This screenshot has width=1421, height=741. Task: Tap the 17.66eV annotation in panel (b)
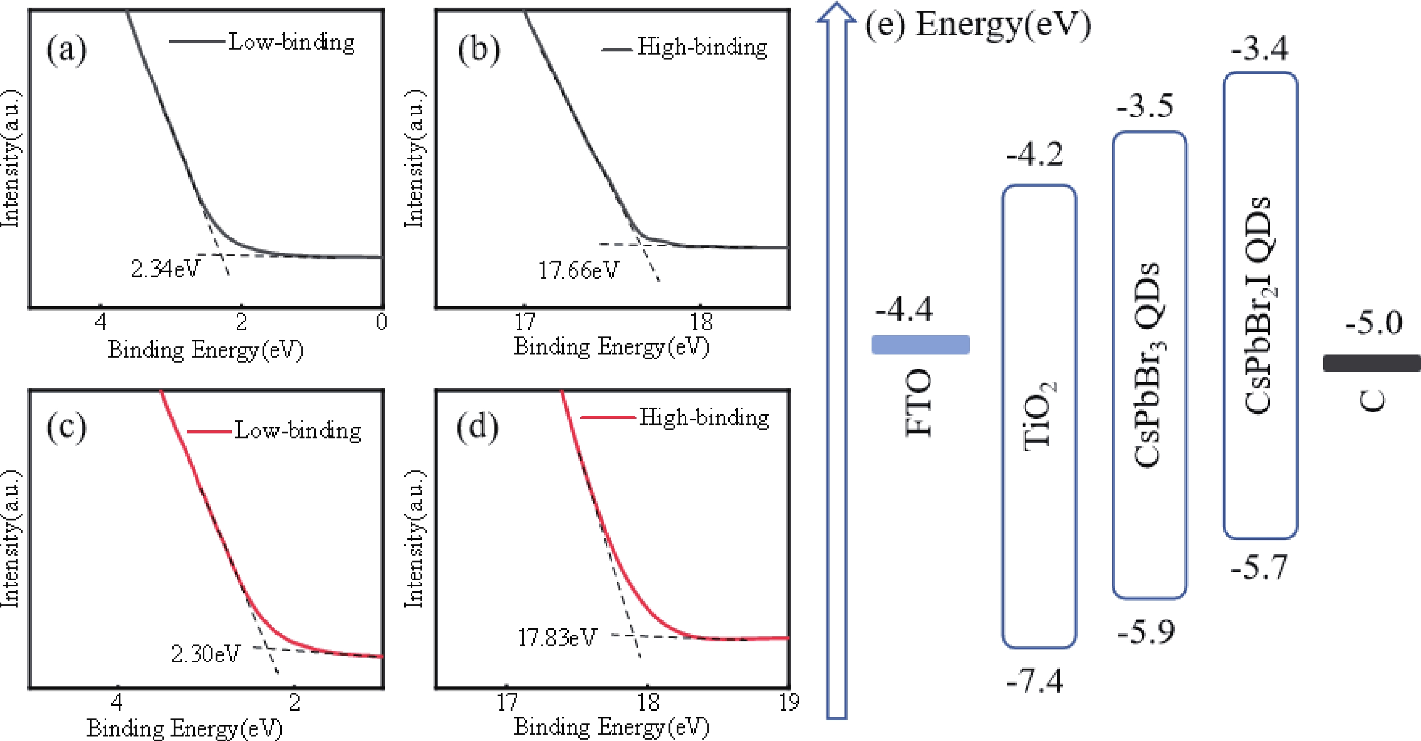coord(579,270)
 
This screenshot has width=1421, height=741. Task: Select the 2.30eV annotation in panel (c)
coord(206,654)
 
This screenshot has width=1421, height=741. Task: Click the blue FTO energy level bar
coord(920,345)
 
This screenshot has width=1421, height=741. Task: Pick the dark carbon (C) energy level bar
coord(1371,364)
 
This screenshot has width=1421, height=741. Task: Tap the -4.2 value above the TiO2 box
coord(1035,155)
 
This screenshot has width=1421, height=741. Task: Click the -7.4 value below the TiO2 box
coord(1035,682)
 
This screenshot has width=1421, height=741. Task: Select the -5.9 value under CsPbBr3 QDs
coord(1146,632)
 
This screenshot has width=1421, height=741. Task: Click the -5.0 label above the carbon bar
coord(1374,323)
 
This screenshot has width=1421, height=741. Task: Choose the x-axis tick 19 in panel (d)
coord(789,702)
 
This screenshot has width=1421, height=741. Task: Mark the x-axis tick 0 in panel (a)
coord(381,322)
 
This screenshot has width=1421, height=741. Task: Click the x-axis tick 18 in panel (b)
coord(701,322)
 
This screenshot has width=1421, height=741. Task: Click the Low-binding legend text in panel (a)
coord(291,42)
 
